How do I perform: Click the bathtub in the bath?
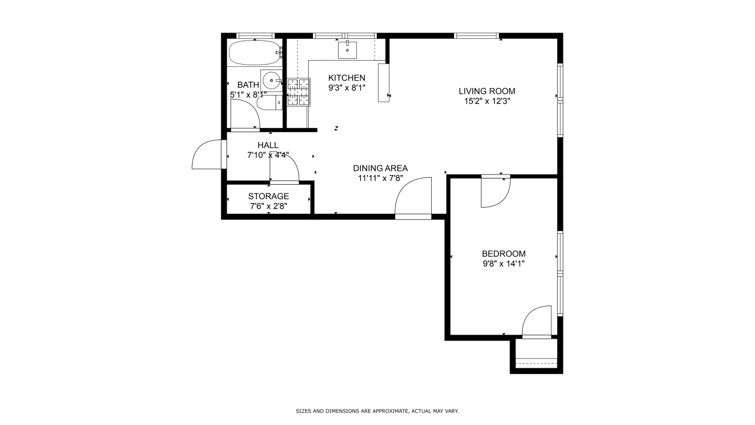(255, 53)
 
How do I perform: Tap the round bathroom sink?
(271, 81)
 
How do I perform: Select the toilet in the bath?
(269, 102)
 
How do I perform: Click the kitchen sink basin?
(347, 50)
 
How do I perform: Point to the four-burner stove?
(299, 92)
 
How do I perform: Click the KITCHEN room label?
(347, 78)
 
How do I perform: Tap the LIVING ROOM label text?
(487, 91)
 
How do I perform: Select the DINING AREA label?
(380, 168)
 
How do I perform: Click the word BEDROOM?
(503, 254)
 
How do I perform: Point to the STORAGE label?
(268, 196)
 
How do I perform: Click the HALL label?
(268, 145)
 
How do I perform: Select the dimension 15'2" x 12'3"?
(487, 101)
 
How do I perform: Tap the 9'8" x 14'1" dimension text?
(503, 264)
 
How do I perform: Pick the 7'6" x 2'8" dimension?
(268, 206)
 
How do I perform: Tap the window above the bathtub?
(255, 35)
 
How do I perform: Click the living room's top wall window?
(476, 35)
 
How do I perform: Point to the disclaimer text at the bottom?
(377, 411)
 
